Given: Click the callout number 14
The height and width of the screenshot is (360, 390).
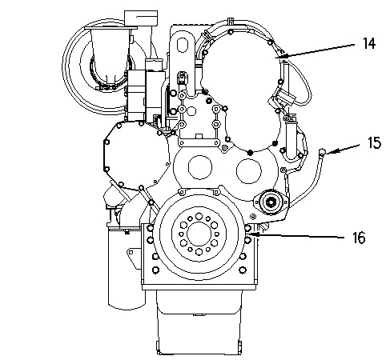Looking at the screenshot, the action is coord(369,43).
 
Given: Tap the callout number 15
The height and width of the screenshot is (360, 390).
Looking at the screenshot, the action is coord(374,142).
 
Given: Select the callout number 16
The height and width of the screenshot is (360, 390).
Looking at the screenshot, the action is coord(359,238).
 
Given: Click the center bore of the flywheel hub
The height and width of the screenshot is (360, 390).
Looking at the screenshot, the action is coord(199,234).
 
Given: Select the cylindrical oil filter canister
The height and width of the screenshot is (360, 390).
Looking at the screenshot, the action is coord(127,266).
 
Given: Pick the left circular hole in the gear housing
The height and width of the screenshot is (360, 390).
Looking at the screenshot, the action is coord(200,167).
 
